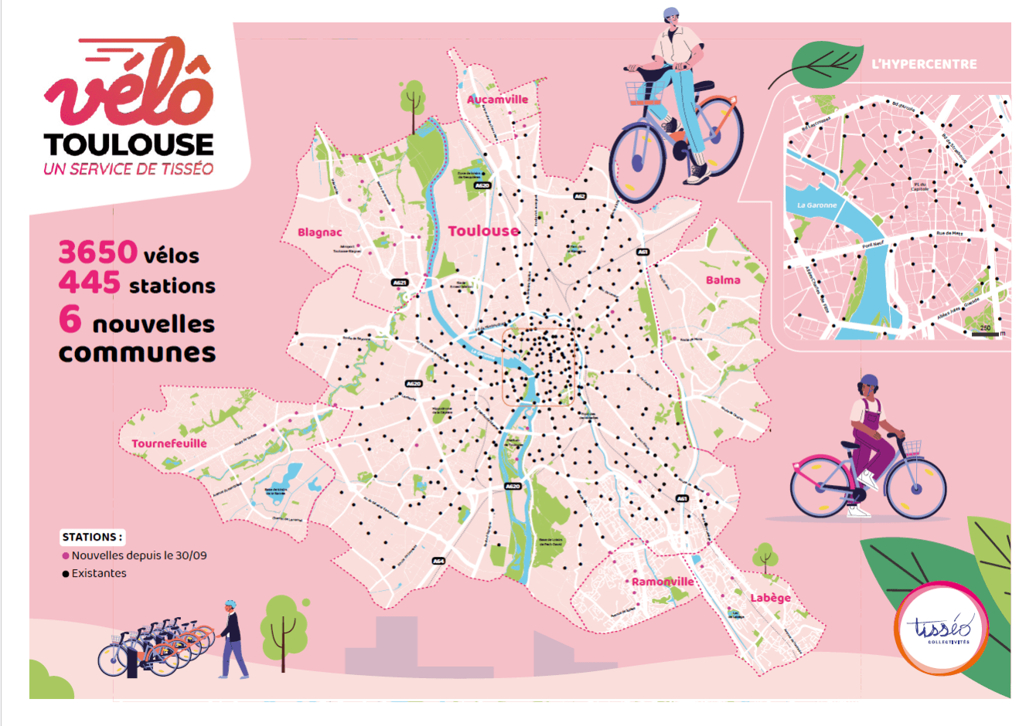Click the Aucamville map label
click(497, 100)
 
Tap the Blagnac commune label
click(319, 232)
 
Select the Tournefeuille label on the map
click(169, 443)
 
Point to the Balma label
click(723, 280)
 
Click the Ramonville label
click(663, 582)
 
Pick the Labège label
click(770, 598)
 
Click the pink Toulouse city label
click(483, 231)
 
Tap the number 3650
click(98, 253)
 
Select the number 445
click(90, 283)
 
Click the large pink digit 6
click(70, 318)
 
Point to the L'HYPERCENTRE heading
click(924, 64)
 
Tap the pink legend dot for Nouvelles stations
click(66, 556)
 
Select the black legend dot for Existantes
click(66, 574)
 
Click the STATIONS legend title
click(92, 537)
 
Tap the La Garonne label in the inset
click(816, 205)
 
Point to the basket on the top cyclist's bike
click(642, 93)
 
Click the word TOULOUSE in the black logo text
click(128, 144)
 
